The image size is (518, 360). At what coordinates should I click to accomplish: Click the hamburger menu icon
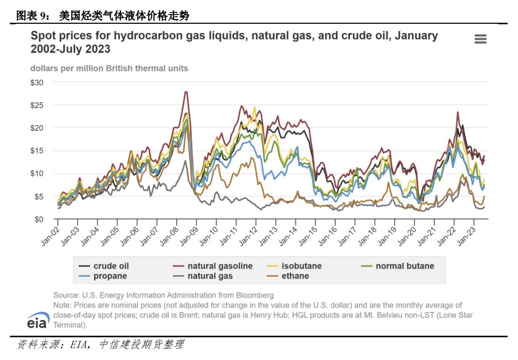[480, 39]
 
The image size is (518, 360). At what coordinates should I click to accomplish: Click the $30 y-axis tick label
[37, 83]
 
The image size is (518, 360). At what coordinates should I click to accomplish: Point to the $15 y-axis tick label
[37, 151]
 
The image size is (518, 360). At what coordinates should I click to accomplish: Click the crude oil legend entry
[111, 266]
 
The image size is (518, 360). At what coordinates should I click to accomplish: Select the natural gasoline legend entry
[219, 266]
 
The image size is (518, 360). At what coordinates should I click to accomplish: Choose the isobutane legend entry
[301, 266]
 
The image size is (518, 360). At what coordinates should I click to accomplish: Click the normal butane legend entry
[404, 266]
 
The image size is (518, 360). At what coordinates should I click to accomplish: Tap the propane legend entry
[110, 276]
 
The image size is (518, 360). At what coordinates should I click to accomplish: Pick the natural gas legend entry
[210, 276]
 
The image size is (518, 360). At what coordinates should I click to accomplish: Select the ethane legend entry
[295, 276]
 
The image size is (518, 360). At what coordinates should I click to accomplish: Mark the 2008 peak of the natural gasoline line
[185, 92]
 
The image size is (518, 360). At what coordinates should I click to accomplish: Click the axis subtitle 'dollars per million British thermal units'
[109, 68]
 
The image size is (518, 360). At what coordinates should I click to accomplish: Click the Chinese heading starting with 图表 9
[103, 16]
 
